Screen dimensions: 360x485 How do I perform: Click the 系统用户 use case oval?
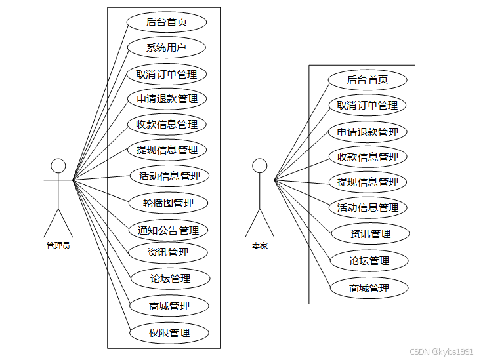click(x=166, y=47)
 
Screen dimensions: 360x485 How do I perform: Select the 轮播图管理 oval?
click(x=169, y=203)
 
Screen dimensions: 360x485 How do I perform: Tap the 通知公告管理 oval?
click(x=168, y=230)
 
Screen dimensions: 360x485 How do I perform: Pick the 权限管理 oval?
click(x=169, y=332)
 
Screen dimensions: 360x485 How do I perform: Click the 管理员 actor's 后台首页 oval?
click(x=166, y=22)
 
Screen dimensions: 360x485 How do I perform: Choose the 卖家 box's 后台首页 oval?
click(x=367, y=80)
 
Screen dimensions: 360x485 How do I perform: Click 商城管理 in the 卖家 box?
click(x=369, y=288)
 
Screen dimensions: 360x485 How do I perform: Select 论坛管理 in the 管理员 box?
click(x=170, y=278)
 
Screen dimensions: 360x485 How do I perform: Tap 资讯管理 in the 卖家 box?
click(x=370, y=233)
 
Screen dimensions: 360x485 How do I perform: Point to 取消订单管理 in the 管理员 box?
click(x=166, y=74)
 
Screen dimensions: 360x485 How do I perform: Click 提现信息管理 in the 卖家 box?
click(x=368, y=182)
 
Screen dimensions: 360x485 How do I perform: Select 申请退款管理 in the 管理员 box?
click(x=167, y=99)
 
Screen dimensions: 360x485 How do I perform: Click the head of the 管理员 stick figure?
click(x=59, y=165)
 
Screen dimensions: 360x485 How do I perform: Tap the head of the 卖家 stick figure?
click(x=260, y=165)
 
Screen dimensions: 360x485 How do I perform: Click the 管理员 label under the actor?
click(x=58, y=246)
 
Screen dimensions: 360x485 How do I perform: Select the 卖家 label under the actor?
click(x=260, y=246)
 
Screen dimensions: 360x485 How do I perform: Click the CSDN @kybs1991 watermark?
click(x=442, y=351)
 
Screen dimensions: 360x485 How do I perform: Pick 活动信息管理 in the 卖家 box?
click(x=368, y=207)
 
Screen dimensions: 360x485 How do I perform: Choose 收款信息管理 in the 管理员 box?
click(x=167, y=124)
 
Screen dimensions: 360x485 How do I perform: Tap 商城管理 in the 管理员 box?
click(x=169, y=306)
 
